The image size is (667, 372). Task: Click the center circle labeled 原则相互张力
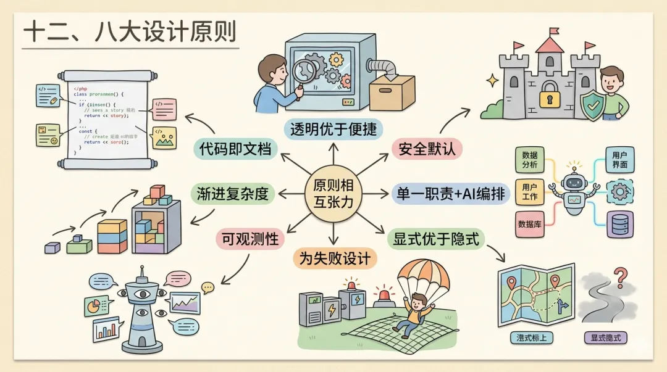(334, 193)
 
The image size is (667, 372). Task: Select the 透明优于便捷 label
(333, 128)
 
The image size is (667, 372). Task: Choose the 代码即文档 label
(235, 149)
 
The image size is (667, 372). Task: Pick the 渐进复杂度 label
(233, 194)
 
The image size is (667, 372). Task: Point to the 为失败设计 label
(335, 257)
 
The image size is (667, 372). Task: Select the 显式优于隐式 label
(434, 239)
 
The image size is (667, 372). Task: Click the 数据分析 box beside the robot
(529, 160)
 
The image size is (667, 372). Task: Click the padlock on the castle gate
(548, 97)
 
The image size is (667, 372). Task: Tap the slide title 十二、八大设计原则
(129, 32)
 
